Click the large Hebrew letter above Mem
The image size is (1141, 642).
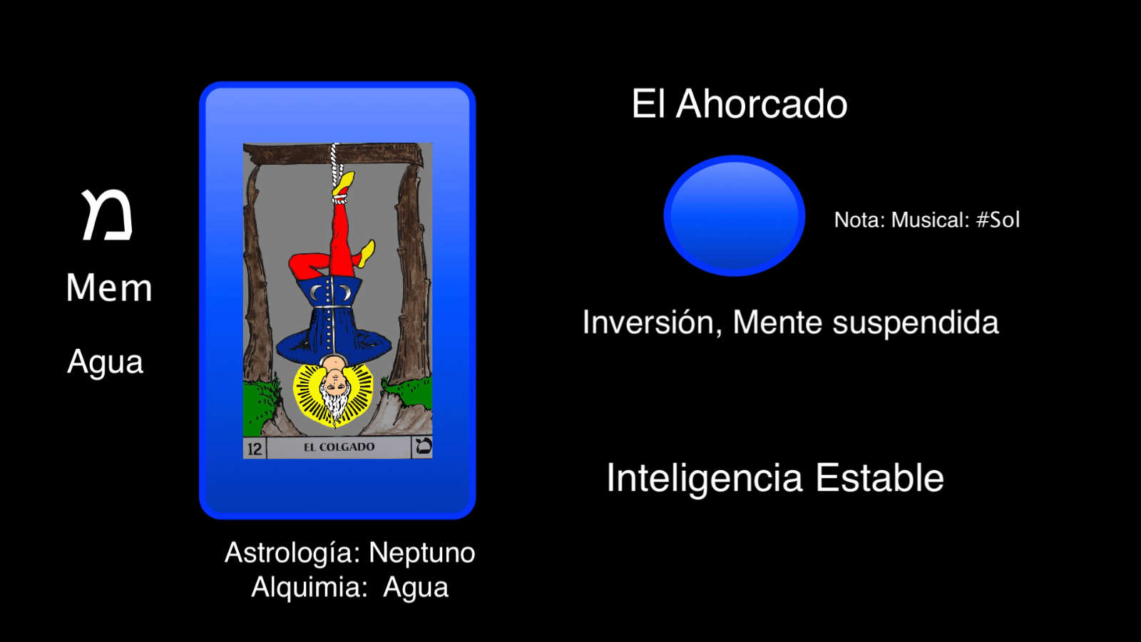pos(107,215)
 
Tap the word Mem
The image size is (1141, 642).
pos(109,288)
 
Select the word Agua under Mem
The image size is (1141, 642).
pos(106,362)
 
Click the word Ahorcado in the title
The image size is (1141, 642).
pos(762,104)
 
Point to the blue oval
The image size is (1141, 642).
pos(734,215)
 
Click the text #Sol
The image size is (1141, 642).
pos(998,220)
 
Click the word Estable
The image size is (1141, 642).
pos(879,478)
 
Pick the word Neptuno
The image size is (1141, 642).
pos(421,553)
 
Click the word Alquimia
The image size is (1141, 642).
pos(309,588)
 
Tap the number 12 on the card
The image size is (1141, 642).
pos(255,449)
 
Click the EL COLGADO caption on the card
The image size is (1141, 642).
pos(339,447)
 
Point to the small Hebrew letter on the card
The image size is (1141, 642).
pos(422,447)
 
